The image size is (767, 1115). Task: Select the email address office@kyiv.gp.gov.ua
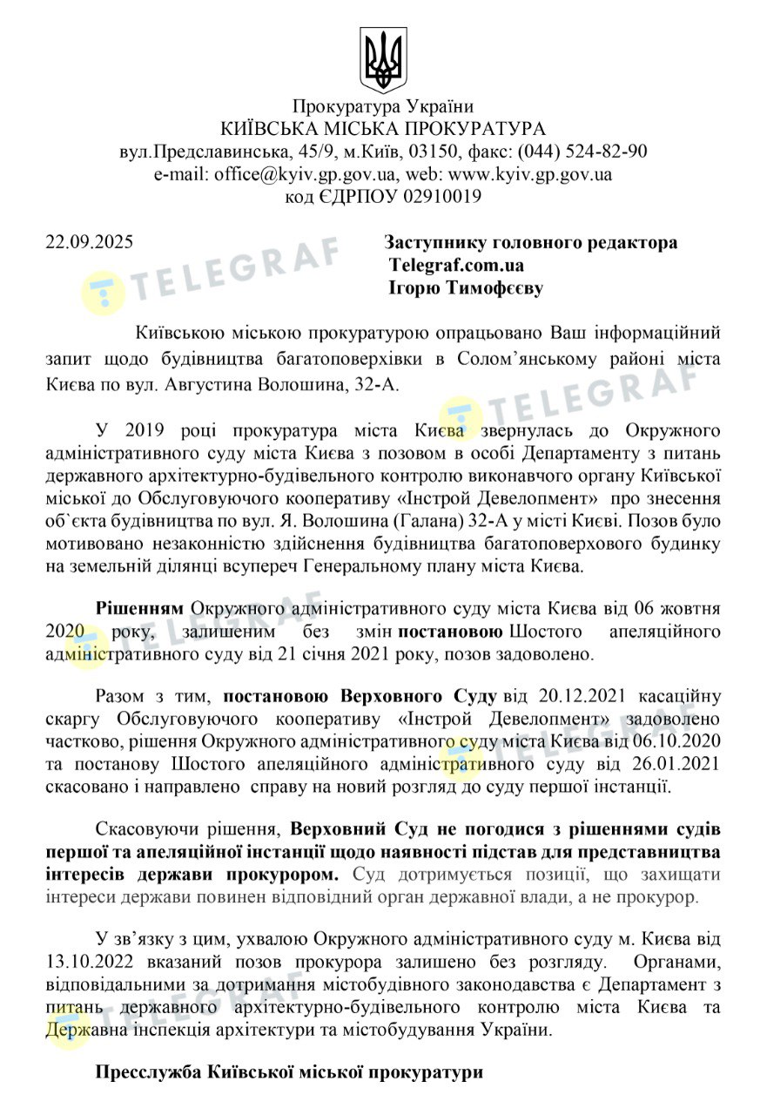302,174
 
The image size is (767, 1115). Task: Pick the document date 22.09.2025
90,243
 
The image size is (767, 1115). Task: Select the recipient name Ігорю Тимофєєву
465,288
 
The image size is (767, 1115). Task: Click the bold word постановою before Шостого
451,630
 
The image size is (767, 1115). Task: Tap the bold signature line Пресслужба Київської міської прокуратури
289,1072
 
